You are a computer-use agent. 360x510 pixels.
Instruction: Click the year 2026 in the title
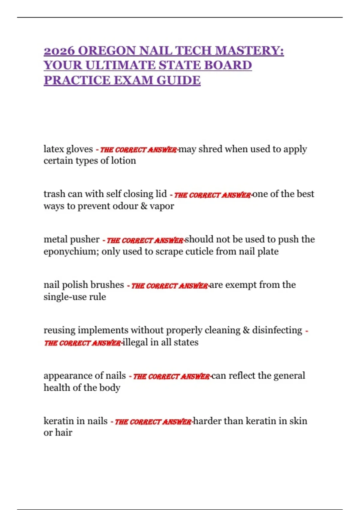(x=59, y=51)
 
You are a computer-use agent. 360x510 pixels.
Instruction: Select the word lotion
(x=123, y=161)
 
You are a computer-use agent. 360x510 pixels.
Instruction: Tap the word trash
(x=54, y=194)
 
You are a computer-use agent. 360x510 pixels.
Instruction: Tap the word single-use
(x=61, y=297)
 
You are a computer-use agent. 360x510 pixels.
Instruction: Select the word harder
(x=207, y=421)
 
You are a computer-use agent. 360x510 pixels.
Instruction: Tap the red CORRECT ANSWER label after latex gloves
(x=138, y=150)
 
